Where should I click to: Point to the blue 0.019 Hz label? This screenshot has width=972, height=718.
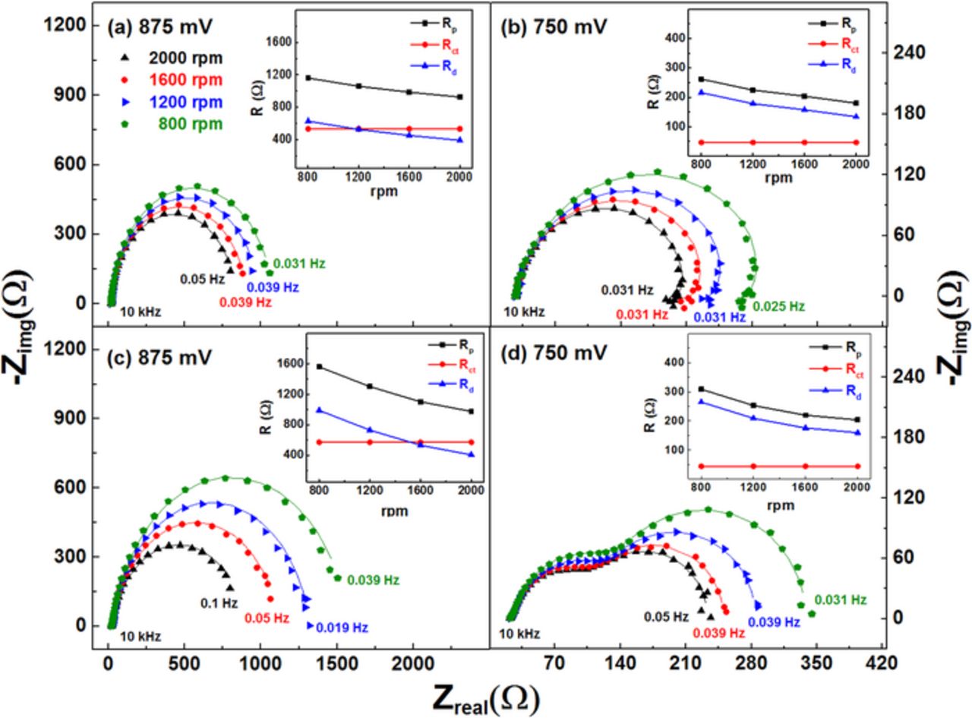coord(342,628)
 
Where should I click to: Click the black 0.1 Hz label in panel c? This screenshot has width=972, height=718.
coord(219,603)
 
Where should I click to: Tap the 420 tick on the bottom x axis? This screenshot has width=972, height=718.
coord(881,663)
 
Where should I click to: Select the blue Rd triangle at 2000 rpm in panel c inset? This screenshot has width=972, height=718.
coord(472,454)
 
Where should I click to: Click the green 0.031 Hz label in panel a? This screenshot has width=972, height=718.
coord(299,264)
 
